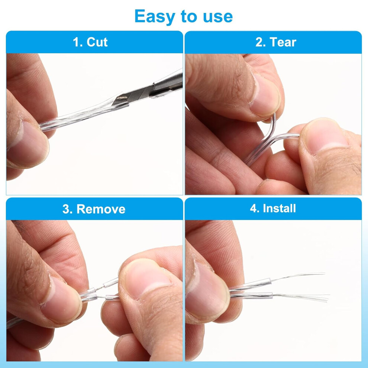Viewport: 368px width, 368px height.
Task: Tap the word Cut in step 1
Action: click(x=97, y=42)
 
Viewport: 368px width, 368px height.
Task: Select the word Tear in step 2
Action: click(x=283, y=42)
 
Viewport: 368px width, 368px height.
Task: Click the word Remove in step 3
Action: click(x=101, y=209)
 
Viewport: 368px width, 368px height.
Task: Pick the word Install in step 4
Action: click(x=279, y=208)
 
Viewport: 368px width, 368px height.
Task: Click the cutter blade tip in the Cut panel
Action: click(x=113, y=104)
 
